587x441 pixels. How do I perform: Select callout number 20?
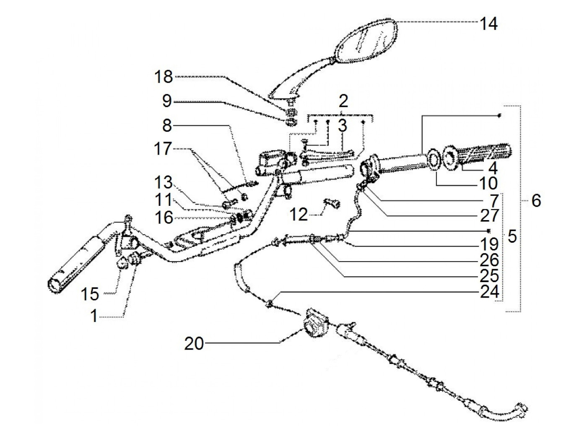[x=194, y=344]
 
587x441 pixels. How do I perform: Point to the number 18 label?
[x=163, y=77]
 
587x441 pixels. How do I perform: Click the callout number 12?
[x=299, y=215]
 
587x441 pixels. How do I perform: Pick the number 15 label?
[x=90, y=294]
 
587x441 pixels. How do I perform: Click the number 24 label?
[x=489, y=292]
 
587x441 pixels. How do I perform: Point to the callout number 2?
[x=343, y=101]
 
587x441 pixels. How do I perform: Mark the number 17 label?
[x=163, y=149]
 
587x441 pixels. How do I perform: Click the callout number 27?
[x=489, y=215]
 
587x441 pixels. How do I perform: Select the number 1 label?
[x=94, y=316]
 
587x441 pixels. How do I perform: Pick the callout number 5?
[x=512, y=237]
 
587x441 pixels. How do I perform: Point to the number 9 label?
[x=167, y=101]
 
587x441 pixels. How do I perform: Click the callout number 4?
[x=493, y=169]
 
